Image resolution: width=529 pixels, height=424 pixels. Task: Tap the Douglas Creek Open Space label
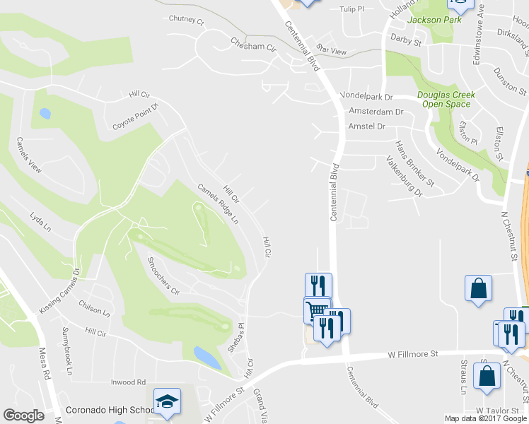[x=446, y=99]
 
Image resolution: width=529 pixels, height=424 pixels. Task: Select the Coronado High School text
[x=109, y=410]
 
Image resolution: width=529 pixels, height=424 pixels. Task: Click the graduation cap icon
[x=168, y=401]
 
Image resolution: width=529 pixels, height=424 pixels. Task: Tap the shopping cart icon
[x=317, y=310]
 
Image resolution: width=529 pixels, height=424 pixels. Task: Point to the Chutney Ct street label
[x=186, y=20]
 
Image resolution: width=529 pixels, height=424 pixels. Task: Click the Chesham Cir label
[x=252, y=45]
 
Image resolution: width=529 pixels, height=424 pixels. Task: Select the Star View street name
[x=332, y=51]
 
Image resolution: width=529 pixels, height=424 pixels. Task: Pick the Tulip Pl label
[x=351, y=9]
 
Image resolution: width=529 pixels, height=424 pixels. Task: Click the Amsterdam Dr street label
[x=376, y=112]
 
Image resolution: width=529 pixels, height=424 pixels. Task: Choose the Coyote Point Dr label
[x=137, y=117]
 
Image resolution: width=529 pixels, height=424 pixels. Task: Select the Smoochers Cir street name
[x=163, y=276]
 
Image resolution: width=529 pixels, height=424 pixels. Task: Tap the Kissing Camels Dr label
[x=60, y=291]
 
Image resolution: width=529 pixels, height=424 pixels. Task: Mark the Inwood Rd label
[x=127, y=382]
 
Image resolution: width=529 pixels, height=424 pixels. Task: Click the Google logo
[x=24, y=416]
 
